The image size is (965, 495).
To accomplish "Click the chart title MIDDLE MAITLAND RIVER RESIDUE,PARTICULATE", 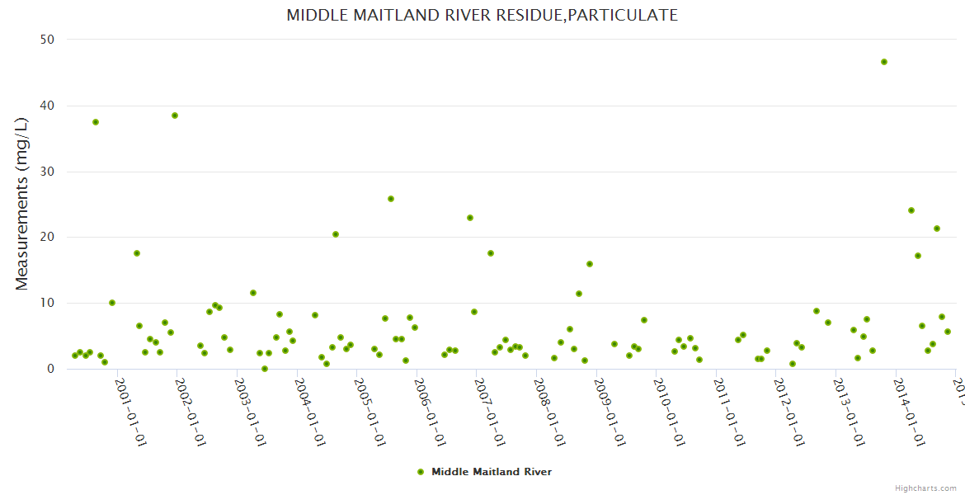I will click(x=482, y=15).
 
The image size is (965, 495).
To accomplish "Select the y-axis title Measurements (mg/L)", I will click(x=22, y=203).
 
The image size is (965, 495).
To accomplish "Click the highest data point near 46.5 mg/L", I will click(x=884, y=62).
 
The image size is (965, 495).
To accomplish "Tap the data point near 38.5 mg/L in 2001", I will click(x=175, y=115).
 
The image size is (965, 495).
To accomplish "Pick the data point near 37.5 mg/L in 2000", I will click(x=96, y=122).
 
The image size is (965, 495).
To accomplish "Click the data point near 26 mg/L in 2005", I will click(x=391, y=199).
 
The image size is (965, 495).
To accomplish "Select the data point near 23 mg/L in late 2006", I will click(x=470, y=218).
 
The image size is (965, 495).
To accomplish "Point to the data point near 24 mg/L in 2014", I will click(x=911, y=210).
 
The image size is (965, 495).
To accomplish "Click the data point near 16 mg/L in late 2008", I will click(x=590, y=264).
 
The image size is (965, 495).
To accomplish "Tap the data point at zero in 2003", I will click(x=265, y=369).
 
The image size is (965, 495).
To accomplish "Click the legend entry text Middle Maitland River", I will click(x=492, y=472).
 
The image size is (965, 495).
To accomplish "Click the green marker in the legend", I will click(x=421, y=472).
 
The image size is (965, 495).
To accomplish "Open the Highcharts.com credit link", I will click(x=925, y=488).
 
